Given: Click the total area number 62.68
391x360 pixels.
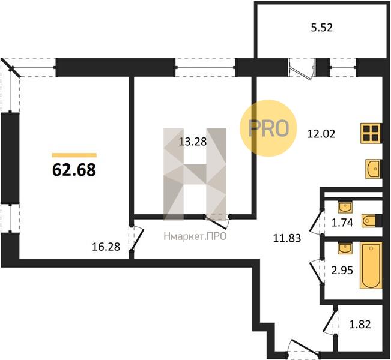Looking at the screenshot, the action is tap(74, 170).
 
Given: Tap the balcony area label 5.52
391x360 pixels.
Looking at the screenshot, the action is tap(322, 28).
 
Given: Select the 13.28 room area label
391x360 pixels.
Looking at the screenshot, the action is tap(193, 142).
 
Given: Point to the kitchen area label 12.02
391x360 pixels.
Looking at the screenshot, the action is tap(321, 134).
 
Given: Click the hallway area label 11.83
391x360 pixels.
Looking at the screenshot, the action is tap(287, 238).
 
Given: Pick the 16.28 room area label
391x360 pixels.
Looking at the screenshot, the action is tap(106, 247).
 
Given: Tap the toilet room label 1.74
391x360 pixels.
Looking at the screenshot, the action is tap(342, 223).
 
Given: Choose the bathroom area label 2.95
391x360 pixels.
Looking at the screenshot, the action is tap(342, 270).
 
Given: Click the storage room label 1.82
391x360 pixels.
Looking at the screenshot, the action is tap(360, 324).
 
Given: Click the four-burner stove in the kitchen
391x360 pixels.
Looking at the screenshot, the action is tap(371, 133).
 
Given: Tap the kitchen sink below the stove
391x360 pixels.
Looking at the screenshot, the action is tap(374, 169).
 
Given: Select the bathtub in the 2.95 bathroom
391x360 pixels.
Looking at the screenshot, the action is tap(371, 265).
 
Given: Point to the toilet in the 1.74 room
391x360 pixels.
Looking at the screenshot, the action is tap(372, 220).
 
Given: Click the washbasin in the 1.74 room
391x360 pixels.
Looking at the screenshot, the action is tap(345, 207).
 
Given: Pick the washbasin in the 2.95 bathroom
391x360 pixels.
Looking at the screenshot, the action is tap(345, 248).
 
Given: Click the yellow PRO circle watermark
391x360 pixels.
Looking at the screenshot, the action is tap(268, 128).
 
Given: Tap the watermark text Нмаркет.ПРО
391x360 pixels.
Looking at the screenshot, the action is tap(195, 236).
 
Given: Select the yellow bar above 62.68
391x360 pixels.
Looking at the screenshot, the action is tap(74, 155).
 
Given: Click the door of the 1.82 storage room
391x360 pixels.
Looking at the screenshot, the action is tap(331, 320).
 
